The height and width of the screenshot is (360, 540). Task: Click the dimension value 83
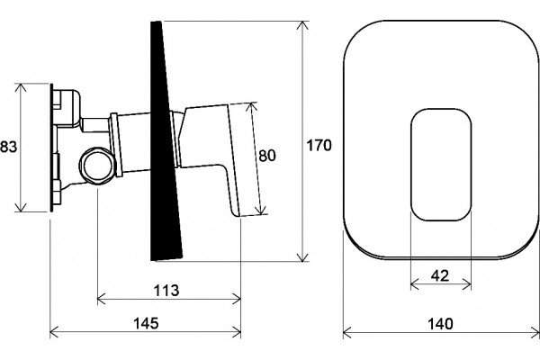pyautogui.click(x=8, y=147)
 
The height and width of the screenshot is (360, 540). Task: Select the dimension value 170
pyautogui.click(x=319, y=146)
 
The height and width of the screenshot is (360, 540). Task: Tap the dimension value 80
pyautogui.click(x=267, y=156)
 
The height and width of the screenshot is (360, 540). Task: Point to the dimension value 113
pyautogui.click(x=166, y=291)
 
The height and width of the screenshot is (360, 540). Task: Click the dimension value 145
pyautogui.click(x=146, y=323)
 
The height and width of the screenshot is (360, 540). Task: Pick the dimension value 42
pyautogui.click(x=440, y=275)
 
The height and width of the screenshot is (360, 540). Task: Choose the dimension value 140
pyautogui.click(x=440, y=324)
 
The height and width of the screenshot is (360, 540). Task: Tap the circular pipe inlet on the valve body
pyautogui.click(x=97, y=166)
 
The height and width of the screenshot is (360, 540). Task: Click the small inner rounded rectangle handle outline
pyautogui.click(x=411, y=165)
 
